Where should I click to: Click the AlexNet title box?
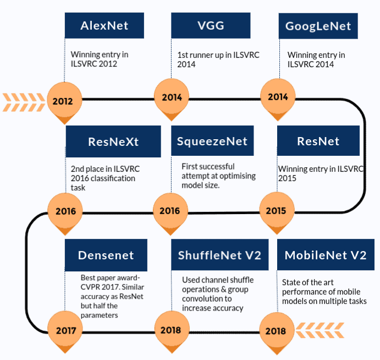pos(104,25)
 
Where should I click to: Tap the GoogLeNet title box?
pos(318,26)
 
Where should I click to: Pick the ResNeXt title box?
pos(113,141)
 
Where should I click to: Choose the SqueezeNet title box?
pos(212,141)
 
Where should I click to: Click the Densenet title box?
pos(106,255)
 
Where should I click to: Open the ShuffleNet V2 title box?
pos(219,255)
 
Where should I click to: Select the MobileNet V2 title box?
pos(326,255)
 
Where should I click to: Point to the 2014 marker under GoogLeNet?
pos(278,97)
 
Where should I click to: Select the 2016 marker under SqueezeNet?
pos(169,211)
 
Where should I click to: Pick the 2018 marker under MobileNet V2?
pos(276,331)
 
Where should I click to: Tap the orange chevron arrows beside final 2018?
pos(320,331)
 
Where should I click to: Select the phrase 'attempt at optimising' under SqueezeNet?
pos(216,174)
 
